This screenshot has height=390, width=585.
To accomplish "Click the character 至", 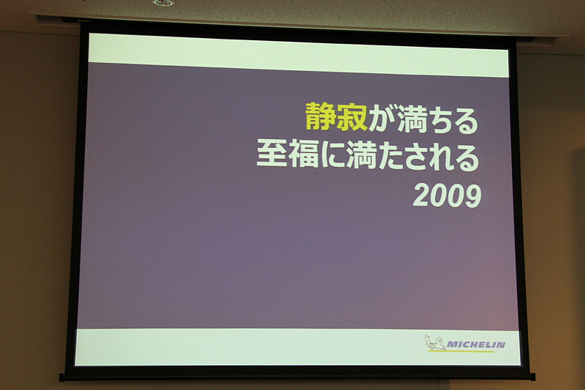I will (271, 156).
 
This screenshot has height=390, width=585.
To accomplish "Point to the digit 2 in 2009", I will (422, 196).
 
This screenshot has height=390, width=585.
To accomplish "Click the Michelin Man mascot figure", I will (434, 343).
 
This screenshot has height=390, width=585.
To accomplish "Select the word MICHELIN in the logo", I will (476, 345).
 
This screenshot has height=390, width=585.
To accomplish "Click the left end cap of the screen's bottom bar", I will (64, 378).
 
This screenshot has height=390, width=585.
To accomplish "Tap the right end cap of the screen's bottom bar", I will (532, 378).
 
